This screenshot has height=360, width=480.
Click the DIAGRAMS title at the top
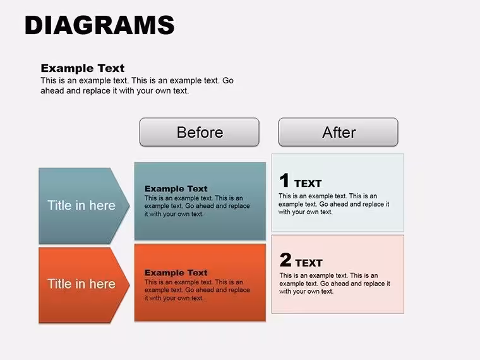(x=100, y=25)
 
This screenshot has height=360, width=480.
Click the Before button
(x=200, y=132)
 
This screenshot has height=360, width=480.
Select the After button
(x=339, y=132)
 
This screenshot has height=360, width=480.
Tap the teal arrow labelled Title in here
(x=84, y=205)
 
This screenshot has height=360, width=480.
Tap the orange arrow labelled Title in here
(x=84, y=285)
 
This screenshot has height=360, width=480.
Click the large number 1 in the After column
(x=284, y=180)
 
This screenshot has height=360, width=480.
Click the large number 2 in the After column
(x=285, y=260)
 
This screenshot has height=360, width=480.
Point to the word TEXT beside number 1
(x=308, y=183)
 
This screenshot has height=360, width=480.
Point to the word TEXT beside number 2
(x=309, y=263)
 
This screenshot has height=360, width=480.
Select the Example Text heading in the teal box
(x=176, y=189)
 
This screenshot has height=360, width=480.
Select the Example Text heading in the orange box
(x=176, y=272)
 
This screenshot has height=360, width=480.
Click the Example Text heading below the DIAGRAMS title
(x=83, y=68)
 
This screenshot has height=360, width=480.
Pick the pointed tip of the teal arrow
(x=129, y=206)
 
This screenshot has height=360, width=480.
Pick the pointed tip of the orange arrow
(x=129, y=285)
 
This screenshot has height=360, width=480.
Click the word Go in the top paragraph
(x=228, y=80)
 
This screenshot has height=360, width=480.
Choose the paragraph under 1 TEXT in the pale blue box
(x=334, y=204)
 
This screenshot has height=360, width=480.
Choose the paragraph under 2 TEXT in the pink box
(x=335, y=284)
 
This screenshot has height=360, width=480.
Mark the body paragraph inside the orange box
(x=197, y=290)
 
